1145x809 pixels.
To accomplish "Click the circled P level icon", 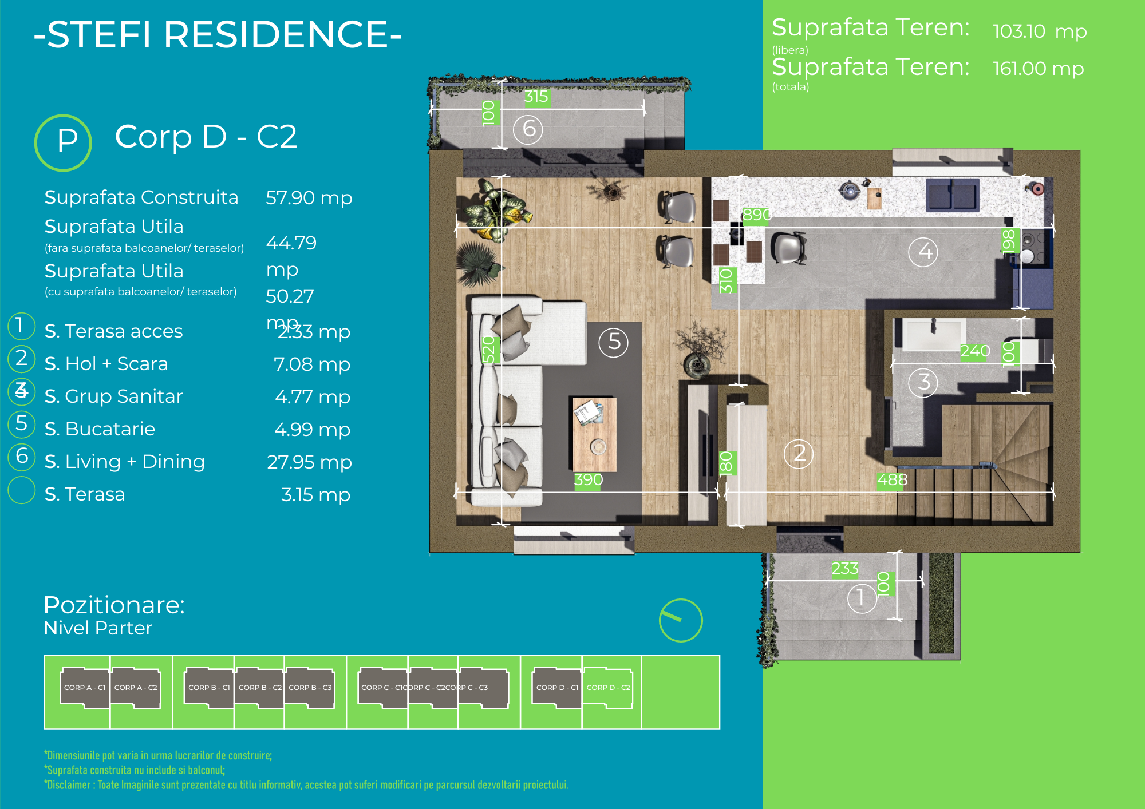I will pyautogui.click(x=64, y=142).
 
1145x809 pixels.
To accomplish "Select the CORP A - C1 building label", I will pyautogui.click(x=85, y=687).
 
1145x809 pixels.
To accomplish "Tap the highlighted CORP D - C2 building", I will pyautogui.click(x=608, y=687).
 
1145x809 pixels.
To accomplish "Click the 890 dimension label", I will pyautogui.click(x=756, y=215).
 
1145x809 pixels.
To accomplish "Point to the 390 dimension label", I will pyautogui.click(x=589, y=479).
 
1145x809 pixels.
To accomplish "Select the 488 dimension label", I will pyautogui.click(x=892, y=479).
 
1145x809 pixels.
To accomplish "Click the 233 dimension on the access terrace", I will pyautogui.click(x=844, y=568).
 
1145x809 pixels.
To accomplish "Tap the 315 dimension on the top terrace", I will pyautogui.click(x=536, y=97).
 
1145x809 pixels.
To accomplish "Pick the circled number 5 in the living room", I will pyautogui.click(x=614, y=342).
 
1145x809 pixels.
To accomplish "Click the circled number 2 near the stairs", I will pyautogui.click(x=799, y=454).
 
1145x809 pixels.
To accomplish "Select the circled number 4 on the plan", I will pyautogui.click(x=923, y=251).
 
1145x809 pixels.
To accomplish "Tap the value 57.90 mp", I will pyautogui.click(x=309, y=198).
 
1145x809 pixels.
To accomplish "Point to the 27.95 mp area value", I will pyautogui.click(x=309, y=462).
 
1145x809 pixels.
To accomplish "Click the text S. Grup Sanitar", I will pyautogui.click(x=113, y=396).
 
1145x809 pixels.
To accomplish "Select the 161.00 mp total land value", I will pyautogui.click(x=1038, y=69).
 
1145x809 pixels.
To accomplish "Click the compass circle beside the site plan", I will pyautogui.click(x=681, y=621).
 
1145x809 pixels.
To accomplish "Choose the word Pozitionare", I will pyautogui.click(x=114, y=605).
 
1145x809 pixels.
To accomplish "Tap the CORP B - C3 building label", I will pyautogui.click(x=310, y=687).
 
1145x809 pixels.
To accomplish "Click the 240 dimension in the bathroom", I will pyautogui.click(x=975, y=351).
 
